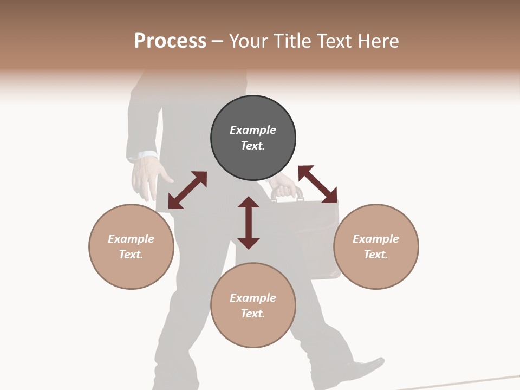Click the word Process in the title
click(170, 41)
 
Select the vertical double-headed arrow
click(249, 223)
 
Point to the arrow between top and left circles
click(187, 190)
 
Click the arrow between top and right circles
click(317, 184)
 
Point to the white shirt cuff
click(143, 156)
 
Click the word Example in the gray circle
click(253, 130)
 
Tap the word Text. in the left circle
click(131, 255)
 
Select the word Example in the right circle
click(376, 239)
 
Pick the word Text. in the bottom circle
click(253, 314)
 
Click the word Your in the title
click(249, 41)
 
